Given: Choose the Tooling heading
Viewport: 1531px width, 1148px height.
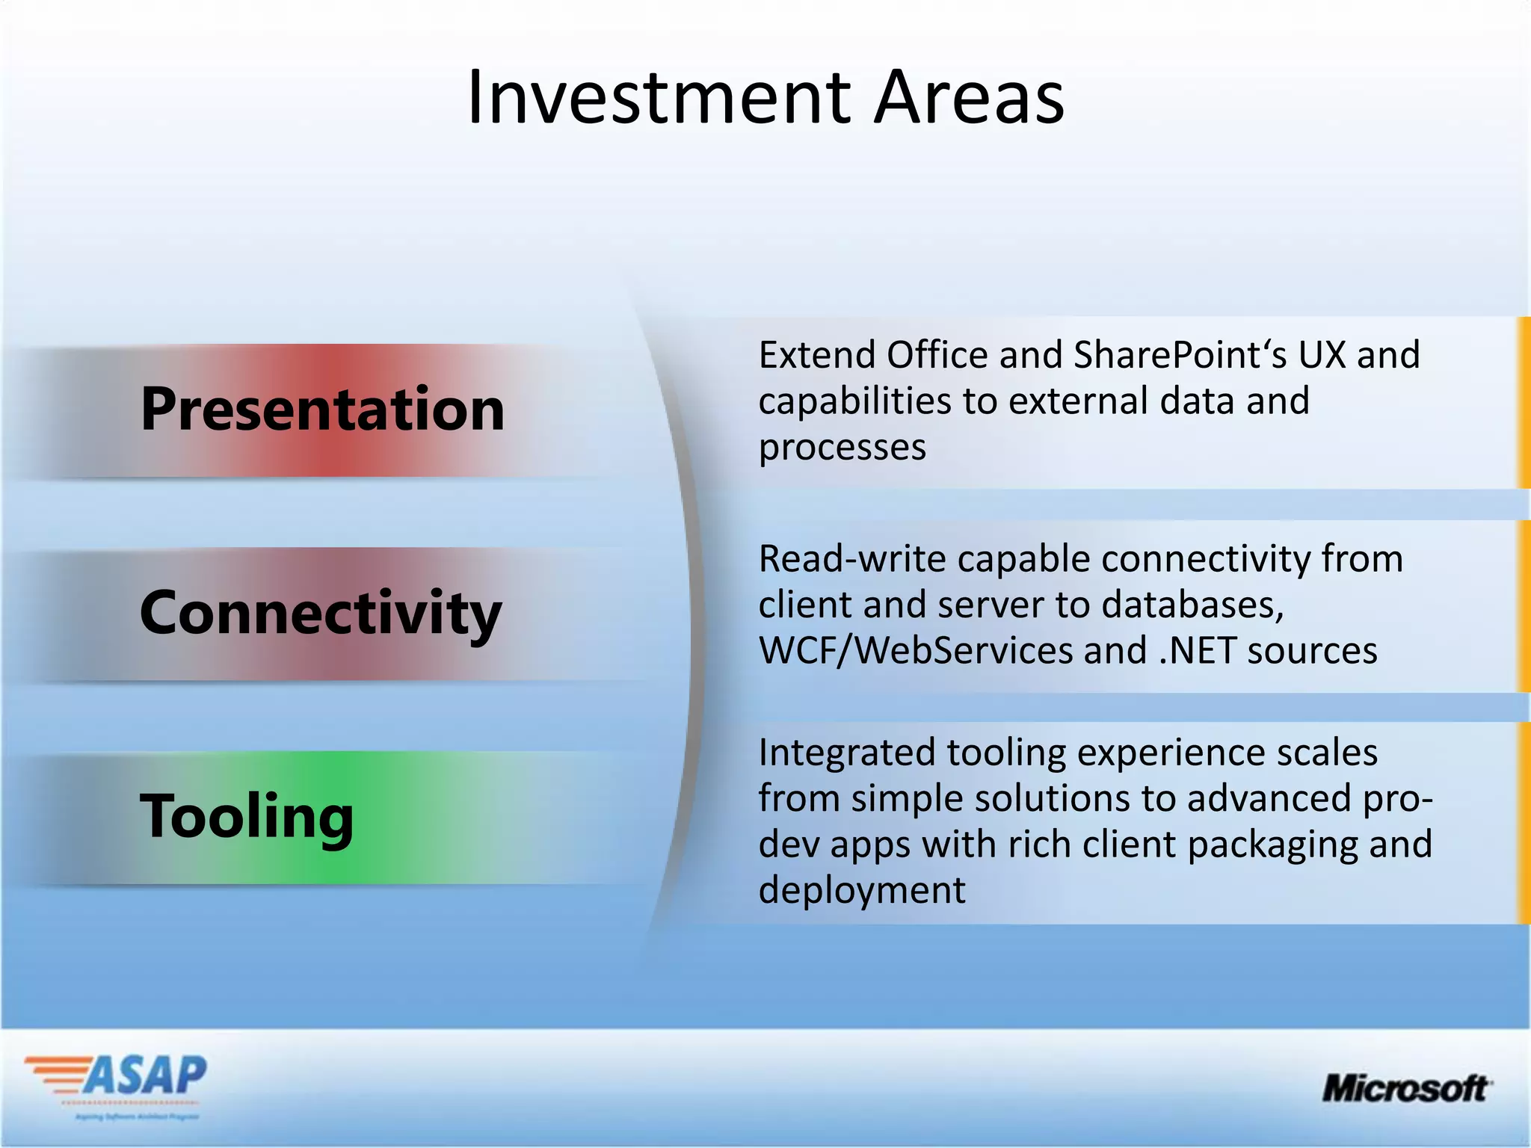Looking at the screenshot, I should [247, 816].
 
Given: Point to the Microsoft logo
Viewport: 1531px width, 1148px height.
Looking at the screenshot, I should [1406, 1088].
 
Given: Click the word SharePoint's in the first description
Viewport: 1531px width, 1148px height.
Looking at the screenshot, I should [1179, 354].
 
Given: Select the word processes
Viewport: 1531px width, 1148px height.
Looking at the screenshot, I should [842, 448].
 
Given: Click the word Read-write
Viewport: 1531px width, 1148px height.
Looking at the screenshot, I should [852, 558].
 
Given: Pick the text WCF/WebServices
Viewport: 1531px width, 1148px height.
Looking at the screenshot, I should [915, 650].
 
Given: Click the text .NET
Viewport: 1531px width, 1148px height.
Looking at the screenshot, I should [1197, 650].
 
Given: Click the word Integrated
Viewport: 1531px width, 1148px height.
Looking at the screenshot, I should [846, 752].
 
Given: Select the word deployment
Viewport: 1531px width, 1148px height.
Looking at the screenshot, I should [861, 890].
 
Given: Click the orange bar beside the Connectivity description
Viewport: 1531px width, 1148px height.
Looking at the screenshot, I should [1523, 606].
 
